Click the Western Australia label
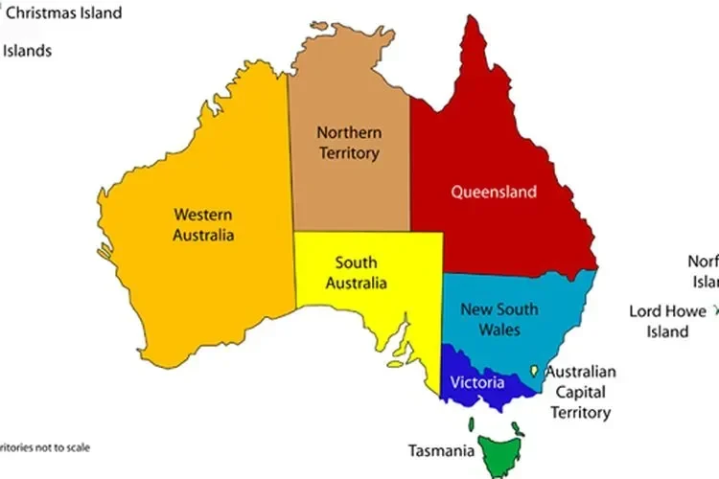click(x=202, y=224)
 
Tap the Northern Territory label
click(x=349, y=143)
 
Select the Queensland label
click(x=494, y=192)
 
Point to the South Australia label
click(x=356, y=273)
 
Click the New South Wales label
click(x=499, y=319)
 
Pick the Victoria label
click(x=476, y=382)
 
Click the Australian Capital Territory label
click(x=581, y=392)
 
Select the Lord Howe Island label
click(x=666, y=321)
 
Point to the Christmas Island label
click(x=64, y=12)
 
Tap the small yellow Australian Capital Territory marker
click(x=534, y=370)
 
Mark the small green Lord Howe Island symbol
click(x=714, y=310)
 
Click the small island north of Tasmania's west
click(x=471, y=424)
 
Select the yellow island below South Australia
click(x=396, y=364)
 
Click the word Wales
click(x=499, y=330)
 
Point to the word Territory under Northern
click(x=349, y=153)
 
